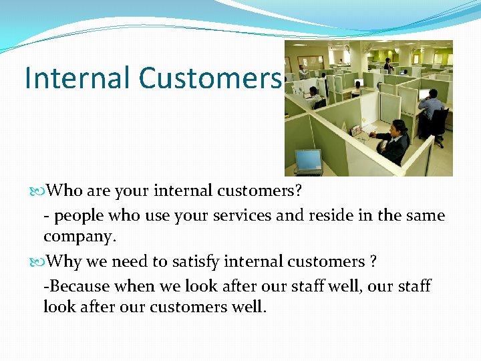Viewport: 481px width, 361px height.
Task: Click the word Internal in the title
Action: point(77,78)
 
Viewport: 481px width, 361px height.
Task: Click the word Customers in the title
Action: point(210,78)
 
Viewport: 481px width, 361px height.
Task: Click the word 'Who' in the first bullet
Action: point(64,191)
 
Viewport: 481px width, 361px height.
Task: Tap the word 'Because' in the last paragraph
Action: point(79,286)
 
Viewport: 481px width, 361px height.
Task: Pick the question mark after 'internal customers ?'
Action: point(373,261)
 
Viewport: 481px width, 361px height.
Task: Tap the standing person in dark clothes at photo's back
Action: point(387,66)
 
